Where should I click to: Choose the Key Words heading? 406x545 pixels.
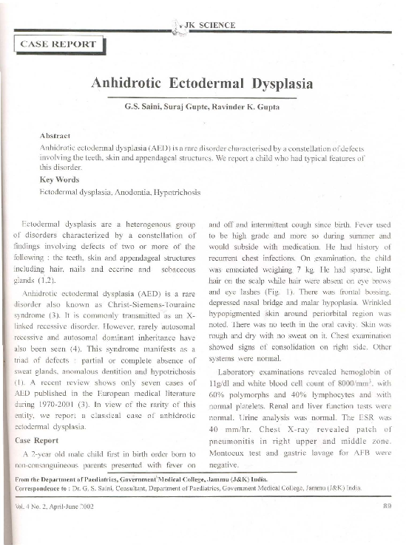coord(58,179)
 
